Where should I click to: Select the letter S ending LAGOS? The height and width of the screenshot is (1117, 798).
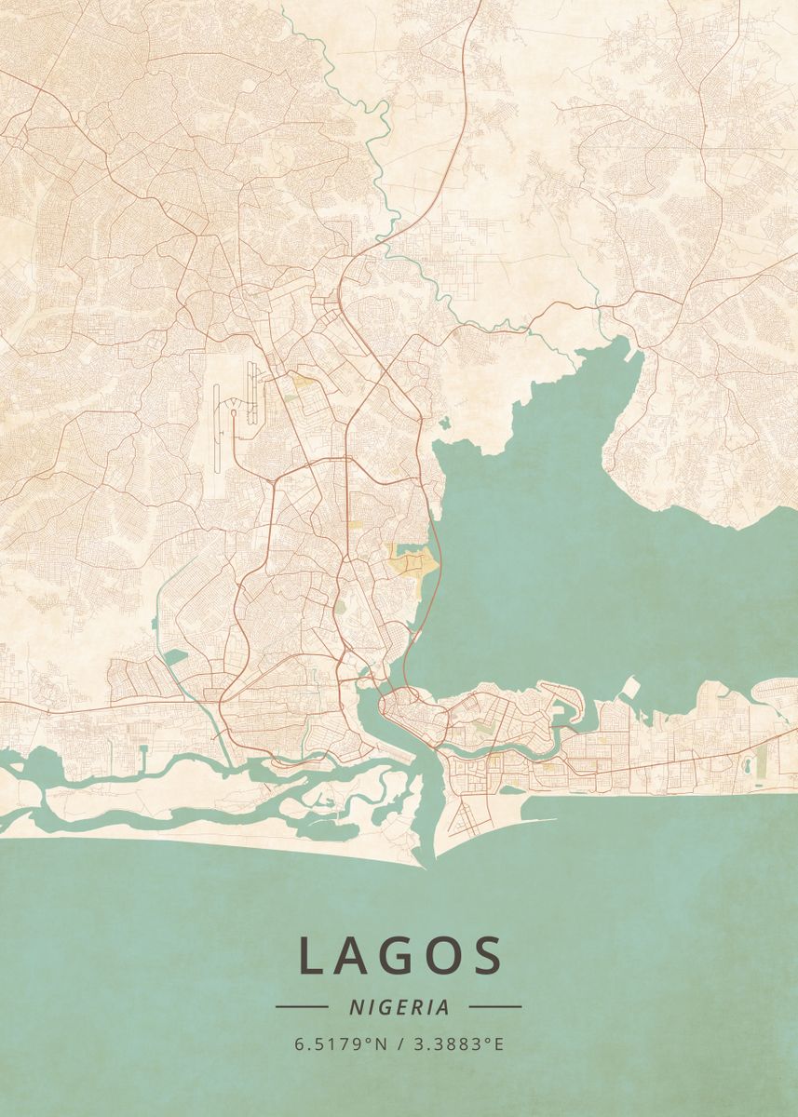(486, 956)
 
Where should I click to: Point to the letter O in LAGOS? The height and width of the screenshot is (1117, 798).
(444, 956)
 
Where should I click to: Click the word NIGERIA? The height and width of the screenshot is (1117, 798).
(399, 1007)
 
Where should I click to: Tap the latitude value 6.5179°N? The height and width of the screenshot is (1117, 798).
(341, 1044)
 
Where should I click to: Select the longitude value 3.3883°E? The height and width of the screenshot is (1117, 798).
(457, 1044)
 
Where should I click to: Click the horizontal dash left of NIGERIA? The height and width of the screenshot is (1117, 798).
(302, 1006)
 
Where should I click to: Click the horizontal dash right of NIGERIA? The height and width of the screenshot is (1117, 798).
(495, 1006)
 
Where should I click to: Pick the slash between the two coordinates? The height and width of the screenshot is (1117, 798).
(399, 1044)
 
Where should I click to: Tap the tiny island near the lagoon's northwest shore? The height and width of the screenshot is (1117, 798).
(444, 424)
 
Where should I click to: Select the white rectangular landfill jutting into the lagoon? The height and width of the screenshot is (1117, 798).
(631, 688)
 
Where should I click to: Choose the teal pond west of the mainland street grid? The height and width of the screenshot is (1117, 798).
(174, 657)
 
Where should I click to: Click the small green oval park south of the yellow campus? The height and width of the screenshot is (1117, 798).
(340, 606)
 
